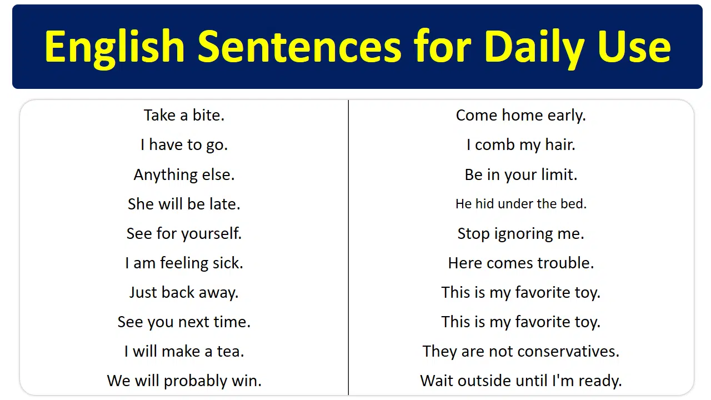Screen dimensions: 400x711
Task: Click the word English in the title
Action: [114, 47]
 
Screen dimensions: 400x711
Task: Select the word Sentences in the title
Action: [299, 47]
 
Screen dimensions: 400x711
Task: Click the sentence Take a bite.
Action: [184, 115]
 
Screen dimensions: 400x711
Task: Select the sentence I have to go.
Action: [184, 145]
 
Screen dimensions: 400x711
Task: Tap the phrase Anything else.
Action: [184, 174]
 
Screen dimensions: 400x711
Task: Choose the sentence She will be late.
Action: [184, 204]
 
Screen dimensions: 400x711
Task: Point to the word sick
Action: [229, 263]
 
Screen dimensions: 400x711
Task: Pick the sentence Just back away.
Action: [184, 292]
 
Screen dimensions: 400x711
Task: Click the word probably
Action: [197, 381]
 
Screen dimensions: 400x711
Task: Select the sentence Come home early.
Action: [520, 115]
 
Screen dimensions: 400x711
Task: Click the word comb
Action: [495, 145]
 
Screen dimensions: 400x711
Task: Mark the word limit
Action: [558, 174]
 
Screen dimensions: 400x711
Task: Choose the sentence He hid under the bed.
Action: [520, 204]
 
